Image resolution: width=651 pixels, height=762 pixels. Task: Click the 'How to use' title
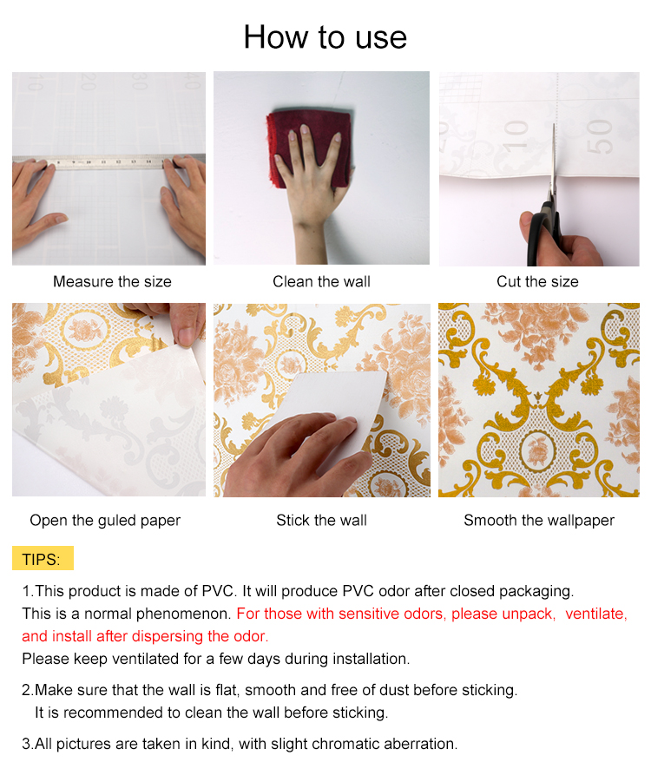point(325,37)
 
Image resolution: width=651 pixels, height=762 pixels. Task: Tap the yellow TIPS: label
point(43,558)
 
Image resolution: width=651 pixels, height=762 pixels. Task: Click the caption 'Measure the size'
point(112,281)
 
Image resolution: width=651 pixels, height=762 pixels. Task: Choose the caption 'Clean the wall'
point(321,281)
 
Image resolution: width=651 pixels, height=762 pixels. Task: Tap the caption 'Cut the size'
point(537,281)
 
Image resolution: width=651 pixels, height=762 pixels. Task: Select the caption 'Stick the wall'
point(321,521)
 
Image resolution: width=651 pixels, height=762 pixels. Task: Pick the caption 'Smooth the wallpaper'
point(539,521)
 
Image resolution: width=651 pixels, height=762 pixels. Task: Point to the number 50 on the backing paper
point(599,137)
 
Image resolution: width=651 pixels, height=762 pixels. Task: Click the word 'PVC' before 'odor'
point(358,591)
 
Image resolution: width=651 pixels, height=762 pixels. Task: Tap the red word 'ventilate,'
point(596,614)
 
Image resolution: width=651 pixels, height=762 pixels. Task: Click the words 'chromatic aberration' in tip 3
point(383,744)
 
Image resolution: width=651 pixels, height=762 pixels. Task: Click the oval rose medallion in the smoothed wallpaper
point(537,450)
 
